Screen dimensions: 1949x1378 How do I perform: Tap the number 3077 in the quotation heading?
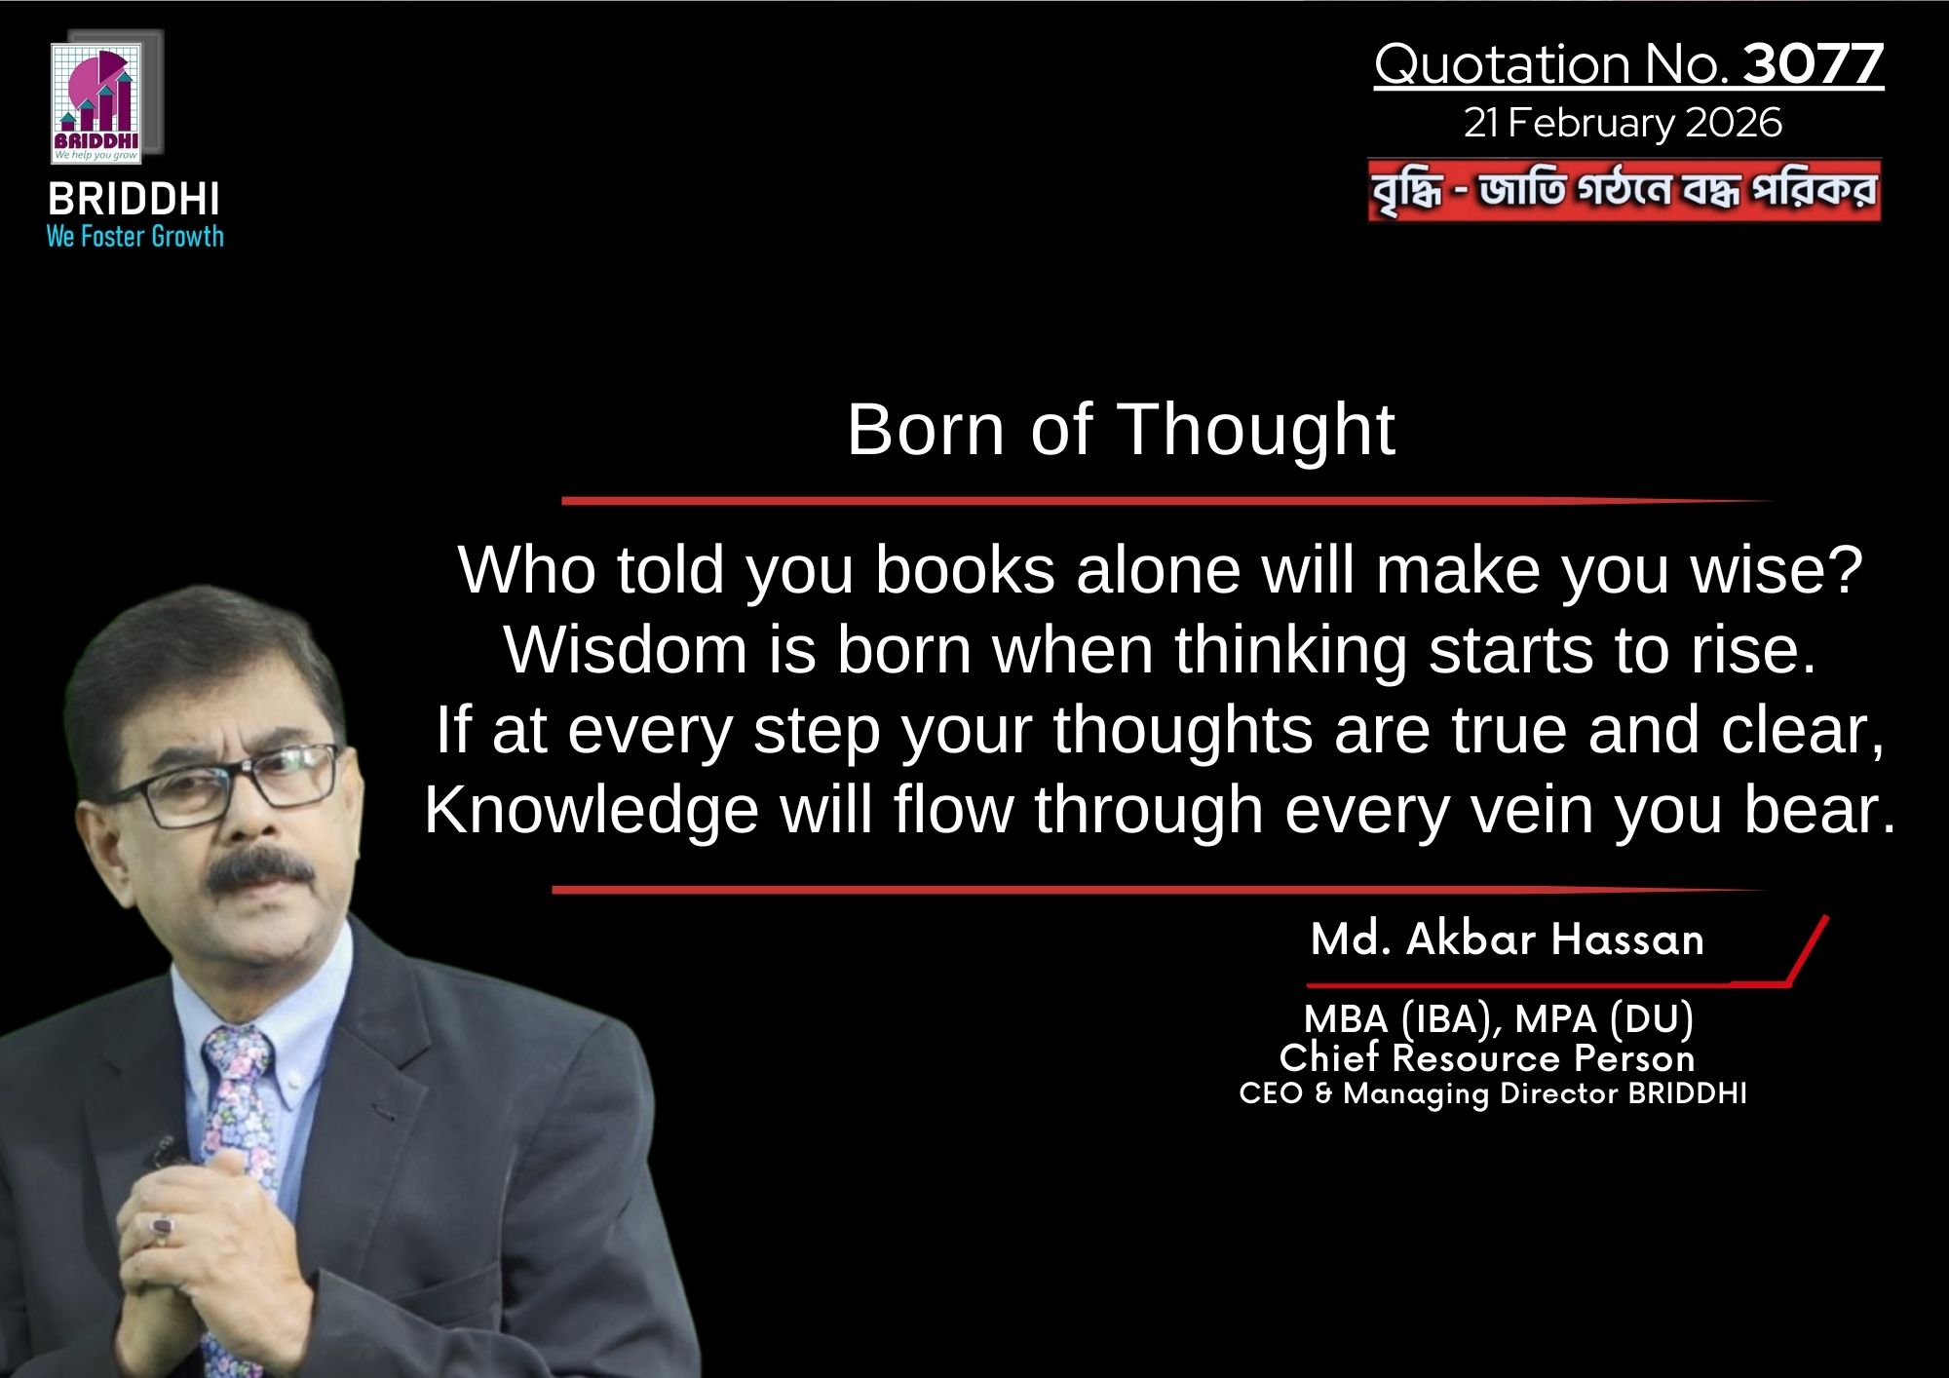coord(1813,64)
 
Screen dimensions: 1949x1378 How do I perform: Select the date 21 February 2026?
coord(1623,123)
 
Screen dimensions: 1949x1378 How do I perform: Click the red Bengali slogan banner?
coord(1624,190)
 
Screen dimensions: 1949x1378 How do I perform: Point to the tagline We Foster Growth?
coord(135,237)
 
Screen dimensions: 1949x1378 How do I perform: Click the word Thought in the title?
coord(1256,432)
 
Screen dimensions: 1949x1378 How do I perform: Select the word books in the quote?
coord(965,570)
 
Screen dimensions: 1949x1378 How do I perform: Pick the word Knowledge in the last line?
coord(592,811)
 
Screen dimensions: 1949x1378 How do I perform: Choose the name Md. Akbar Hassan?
coord(1508,939)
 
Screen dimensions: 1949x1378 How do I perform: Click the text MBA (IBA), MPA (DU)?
coord(1499,1019)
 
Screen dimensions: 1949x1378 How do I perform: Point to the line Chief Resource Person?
coord(1487,1058)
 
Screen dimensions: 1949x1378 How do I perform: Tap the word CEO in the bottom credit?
coord(1271,1093)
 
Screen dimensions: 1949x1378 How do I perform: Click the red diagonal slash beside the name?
coord(1809,949)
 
